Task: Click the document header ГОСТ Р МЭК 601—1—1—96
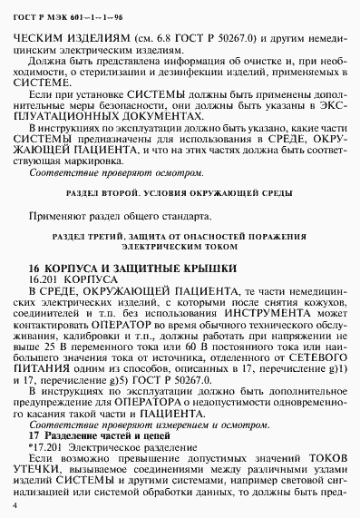pyautogui.click(x=56, y=12)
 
